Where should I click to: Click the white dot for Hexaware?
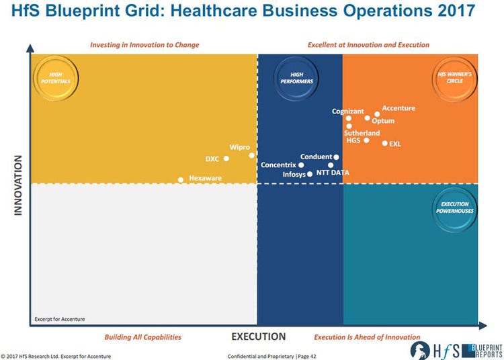click(x=181, y=179)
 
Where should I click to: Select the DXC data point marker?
click(x=226, y=159)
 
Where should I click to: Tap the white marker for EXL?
click(x=385, y=143)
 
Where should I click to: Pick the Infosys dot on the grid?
click(x=310, y=174)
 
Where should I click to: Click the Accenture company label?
click(x=398, y=108)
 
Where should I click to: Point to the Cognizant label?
click(x=347, y=111)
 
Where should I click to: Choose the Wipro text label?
click(x=240, y=147)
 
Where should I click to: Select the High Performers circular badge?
click(x=301, y=77)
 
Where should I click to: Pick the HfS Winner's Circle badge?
click(x=454, y=78)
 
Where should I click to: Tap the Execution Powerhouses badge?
click(x=454, y=208)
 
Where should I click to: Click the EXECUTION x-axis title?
click(x=258, y=336)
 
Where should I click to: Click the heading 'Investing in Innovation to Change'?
click(x=144, y=45)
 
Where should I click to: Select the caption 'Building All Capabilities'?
click(x=142, y=337)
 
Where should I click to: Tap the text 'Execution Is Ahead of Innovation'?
click(x=367, y=337)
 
